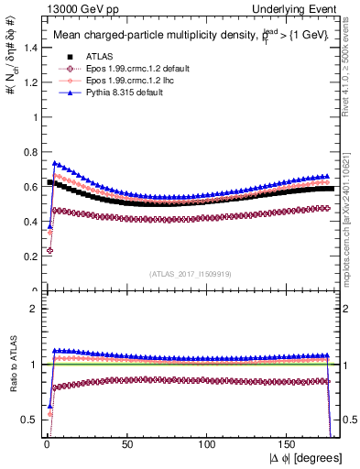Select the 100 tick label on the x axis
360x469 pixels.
click(x=209, y=443)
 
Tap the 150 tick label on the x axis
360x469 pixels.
click(x=291, y=443)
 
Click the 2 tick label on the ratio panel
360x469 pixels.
click(x=32, y=309)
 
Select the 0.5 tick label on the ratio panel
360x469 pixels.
click(x=27, y=420)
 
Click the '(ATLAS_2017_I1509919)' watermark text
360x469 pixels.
click(x=191, y=274)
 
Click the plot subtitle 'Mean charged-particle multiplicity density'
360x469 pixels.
click(x=137, y=35)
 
